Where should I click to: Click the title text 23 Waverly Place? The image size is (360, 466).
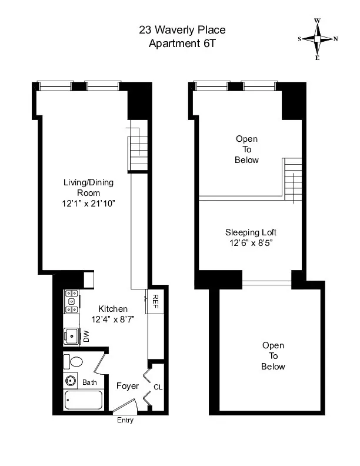pyautogui.click(x=182, y=29)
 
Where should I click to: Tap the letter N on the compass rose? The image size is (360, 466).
pyautogui.click(x=336, y=39)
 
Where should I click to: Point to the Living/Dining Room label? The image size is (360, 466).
pyautogui.click(x=88, y=188)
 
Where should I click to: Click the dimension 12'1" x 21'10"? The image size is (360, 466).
pyautogui.click(x=88, y=204)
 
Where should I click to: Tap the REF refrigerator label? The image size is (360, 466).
pyautogui.click(x=156, y=302)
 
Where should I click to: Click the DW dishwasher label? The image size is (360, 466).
pyautogui.click(x=86, y=337)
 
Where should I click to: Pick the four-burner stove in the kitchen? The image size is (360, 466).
pyautogui.click(x=72, y=301)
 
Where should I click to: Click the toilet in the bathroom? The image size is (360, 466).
pyautogui.click(x=75, y=361)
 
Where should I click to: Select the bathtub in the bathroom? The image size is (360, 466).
pyautogui.click(x=83, y=401)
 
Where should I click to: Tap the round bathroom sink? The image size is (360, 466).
pyautogui.click(x=71, y=380)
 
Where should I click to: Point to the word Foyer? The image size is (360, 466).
pyautogui.click(x=128, y=386)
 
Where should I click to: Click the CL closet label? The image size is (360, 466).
pyautogui.click(x=157, y=387)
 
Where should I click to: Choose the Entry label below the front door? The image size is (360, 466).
pyautogui.click(x=125, y=420)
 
